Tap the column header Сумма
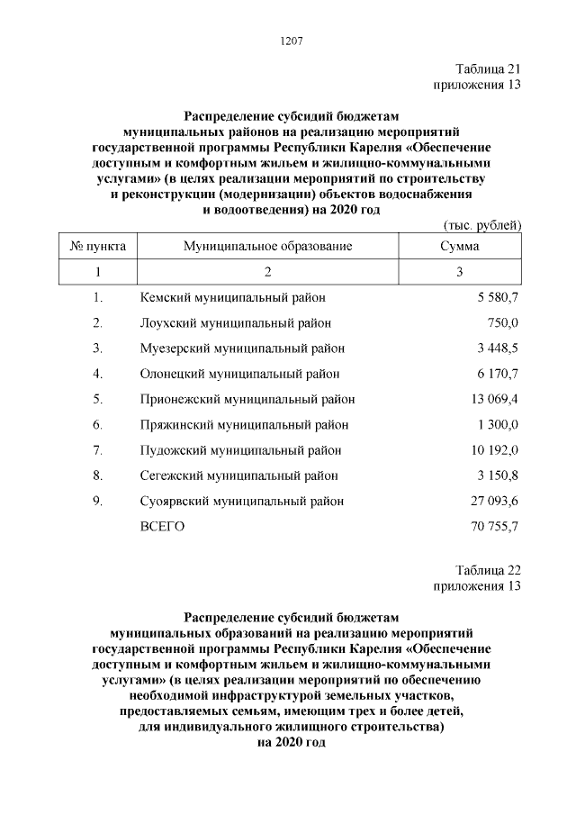[459, 245]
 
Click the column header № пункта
[98, 245]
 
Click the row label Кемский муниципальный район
[233, 296]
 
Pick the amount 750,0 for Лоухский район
[503, 322]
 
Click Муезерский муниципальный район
[242, 348]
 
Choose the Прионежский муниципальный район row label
[247, 399]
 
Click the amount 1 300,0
[497, 424]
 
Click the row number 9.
[97, 502]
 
